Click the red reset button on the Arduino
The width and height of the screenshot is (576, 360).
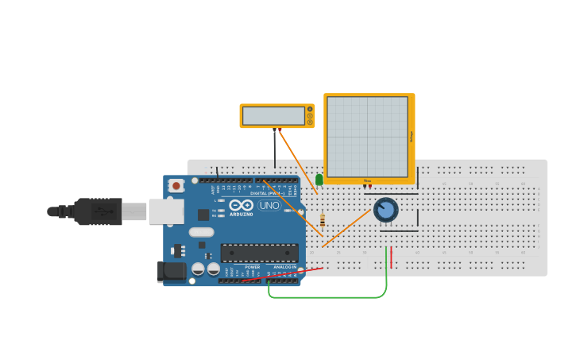pyautogui.click(x=176, y=185)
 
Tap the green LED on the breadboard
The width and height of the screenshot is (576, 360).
pyautogui.click(x=319, y=180)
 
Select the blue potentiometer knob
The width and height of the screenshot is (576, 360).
pyautogui.click(x=385, y=210)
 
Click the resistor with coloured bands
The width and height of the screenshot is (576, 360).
pyautogui.click(x=322, y=220)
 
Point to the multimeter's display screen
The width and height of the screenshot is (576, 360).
pyautogui.click(x=273, y=116)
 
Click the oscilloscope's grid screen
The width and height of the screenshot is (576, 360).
pyautogui.click(x=367, y=137)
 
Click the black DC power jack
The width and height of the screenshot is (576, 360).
pyautogui.click(x=172, y=272)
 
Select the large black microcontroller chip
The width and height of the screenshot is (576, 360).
pyautogui.click(x=259, y=253)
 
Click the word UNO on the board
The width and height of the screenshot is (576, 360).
pyautogui.click(x=269, y=206)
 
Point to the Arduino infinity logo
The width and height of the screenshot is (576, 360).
pyautogui.click(x=241, y=205)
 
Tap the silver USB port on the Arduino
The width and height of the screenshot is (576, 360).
pyautogui.click(x=166, y=211)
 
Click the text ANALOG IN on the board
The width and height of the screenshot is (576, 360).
pyautogui.click(x=284, y=266)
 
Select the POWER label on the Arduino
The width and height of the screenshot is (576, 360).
pyautogui.click(x=252, y=266)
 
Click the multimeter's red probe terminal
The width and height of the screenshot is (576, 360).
pyautogui.click(x=280, y=129)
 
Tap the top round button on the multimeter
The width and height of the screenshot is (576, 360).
pyautogui.click(x=310, y=109)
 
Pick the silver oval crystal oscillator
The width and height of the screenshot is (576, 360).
pyautogui.click(x=201, y=232)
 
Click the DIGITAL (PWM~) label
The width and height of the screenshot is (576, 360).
pyautogui.click(x=269, y=193)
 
